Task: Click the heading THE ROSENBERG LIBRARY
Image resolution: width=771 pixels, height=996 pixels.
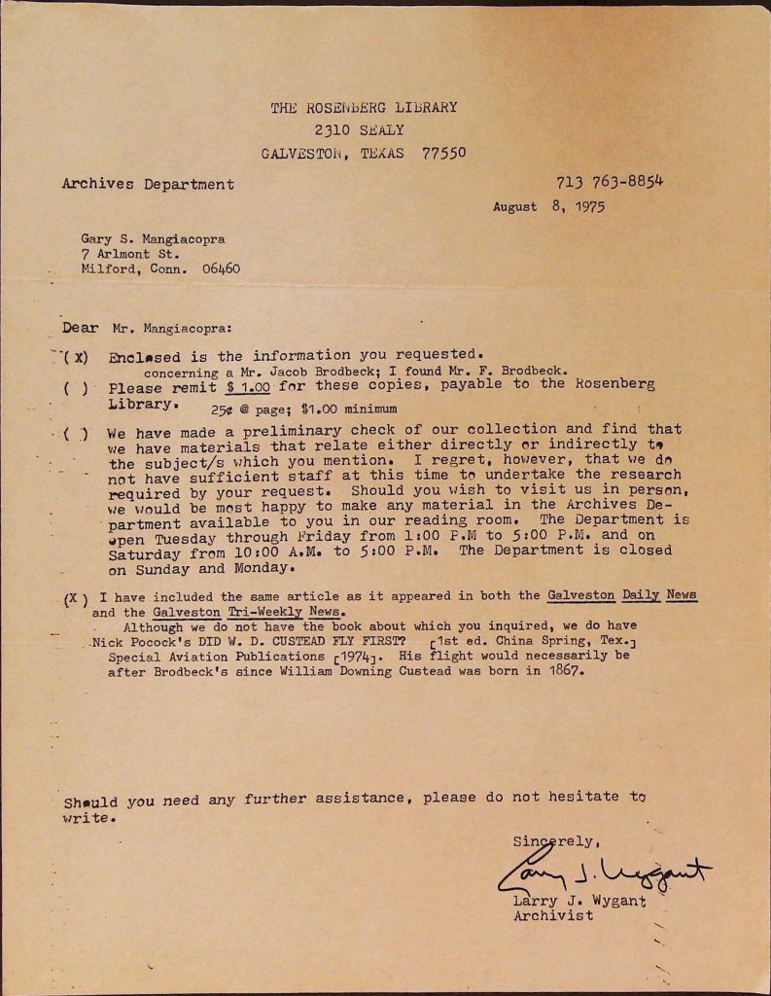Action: tap(364, 108)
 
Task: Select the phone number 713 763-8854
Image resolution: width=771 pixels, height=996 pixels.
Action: tap(610, 181)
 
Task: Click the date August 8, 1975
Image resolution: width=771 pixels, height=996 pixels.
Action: tap(548, 206)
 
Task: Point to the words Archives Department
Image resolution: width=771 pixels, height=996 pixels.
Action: tap(148, 184)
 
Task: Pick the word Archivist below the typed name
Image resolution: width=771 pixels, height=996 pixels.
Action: tap(553, 915)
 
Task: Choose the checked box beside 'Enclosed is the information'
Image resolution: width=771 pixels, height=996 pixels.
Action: tap(75, 356)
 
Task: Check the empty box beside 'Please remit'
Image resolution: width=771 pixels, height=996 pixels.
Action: tap(75, 386)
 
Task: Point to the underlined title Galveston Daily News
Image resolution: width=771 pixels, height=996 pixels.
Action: tap(622, 594)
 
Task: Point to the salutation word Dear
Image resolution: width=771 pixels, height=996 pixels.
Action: tap(80, 329)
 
